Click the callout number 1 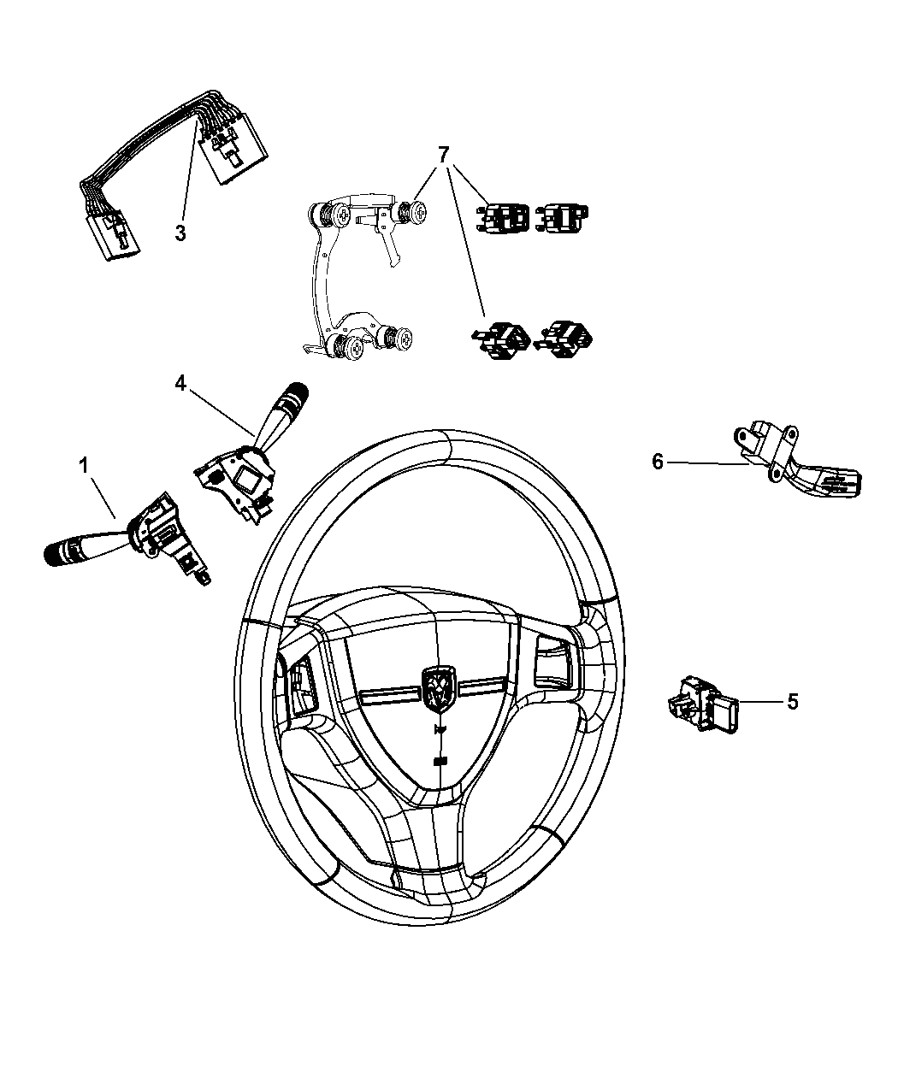pos(84,467)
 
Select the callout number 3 pos(180,233)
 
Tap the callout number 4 pos(180,384)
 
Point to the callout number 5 pos(792,702)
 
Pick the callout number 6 pos(658,462)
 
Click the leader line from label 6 pos(706,463)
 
